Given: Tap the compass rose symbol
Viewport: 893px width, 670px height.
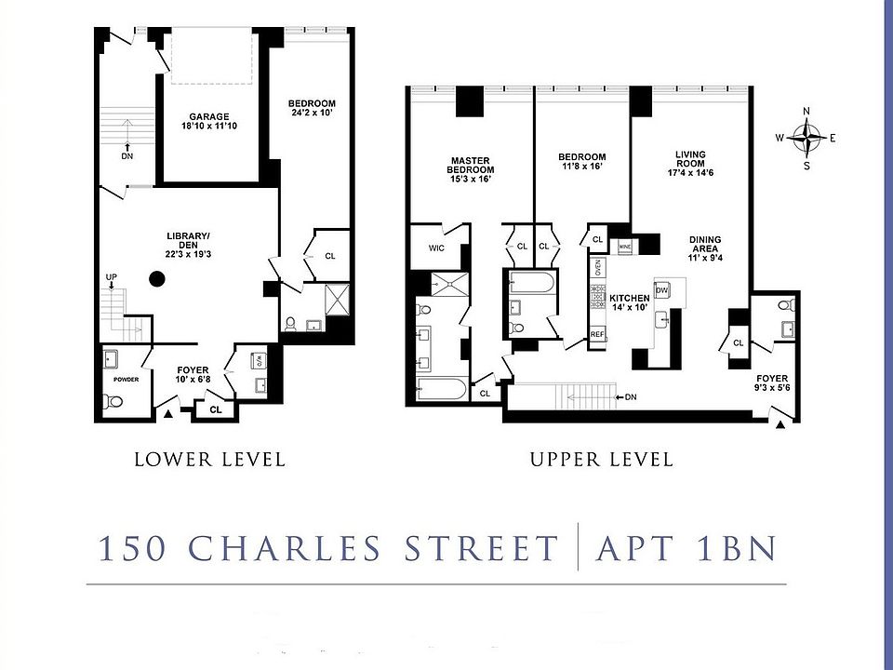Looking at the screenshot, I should pos(806,139).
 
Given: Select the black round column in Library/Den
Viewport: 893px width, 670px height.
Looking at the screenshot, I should pos(157,277).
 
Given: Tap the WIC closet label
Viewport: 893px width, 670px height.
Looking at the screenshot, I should pos(437,248).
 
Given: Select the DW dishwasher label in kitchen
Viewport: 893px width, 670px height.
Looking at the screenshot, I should pos(661,291).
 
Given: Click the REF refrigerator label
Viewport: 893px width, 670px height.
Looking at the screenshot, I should pos(597,333).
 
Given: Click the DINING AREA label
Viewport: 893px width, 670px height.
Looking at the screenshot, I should pos(705,246).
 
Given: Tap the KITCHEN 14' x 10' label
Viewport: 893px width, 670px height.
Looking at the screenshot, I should pos(629,302).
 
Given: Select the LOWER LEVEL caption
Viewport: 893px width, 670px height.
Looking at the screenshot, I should pos(209,459).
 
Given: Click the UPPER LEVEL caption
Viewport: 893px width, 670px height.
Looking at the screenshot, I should pos(601,459).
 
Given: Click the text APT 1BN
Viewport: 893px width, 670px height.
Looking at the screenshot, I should pos(689,548).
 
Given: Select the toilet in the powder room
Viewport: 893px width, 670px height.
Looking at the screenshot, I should pos(113,401).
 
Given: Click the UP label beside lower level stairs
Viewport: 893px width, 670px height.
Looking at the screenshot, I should pos(112,277).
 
